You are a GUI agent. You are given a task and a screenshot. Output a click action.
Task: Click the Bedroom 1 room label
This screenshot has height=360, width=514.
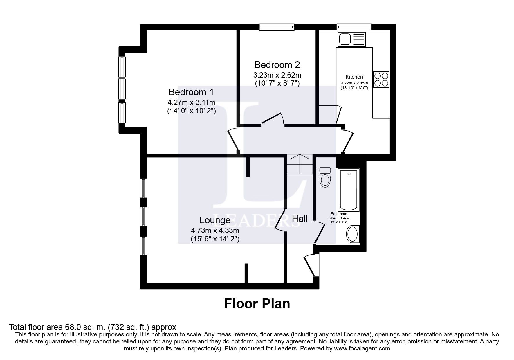point(191,92)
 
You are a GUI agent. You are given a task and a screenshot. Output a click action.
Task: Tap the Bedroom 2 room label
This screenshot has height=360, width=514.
point(277,65)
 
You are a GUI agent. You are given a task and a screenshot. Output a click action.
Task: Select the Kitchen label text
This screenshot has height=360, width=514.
point(354,77)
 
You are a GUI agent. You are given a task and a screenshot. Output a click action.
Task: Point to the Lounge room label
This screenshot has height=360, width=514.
point(215,220)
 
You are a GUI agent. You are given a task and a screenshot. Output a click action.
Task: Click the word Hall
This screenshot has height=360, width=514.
point(300,219)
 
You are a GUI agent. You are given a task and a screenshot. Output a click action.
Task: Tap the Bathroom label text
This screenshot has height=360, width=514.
point(339,214)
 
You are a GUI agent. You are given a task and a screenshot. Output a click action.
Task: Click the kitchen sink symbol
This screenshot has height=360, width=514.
point(351,39)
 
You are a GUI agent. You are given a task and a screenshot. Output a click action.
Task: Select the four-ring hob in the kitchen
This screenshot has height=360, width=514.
point(381,79)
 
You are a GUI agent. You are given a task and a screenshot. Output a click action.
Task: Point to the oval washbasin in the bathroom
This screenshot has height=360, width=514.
point(353,234)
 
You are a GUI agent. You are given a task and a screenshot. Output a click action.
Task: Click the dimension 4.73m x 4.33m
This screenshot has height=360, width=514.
point(215,231)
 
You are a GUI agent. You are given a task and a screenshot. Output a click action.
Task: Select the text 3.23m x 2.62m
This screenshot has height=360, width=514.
point(277,75)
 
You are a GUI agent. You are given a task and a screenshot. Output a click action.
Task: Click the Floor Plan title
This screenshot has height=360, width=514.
point(257,304)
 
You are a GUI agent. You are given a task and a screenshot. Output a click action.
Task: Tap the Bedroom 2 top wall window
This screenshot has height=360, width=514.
point(277,27)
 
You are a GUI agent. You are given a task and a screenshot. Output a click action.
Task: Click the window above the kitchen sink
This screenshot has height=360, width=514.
point(354,27)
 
